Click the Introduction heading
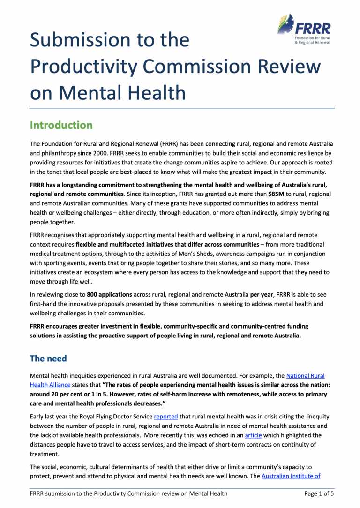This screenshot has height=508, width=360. click(61, 126)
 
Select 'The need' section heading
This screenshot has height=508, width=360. click(48, 359)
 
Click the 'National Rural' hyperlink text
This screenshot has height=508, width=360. click(305, 375)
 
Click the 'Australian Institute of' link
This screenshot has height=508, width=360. click(291, 477)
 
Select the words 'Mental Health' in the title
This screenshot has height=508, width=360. click(126, 92)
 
